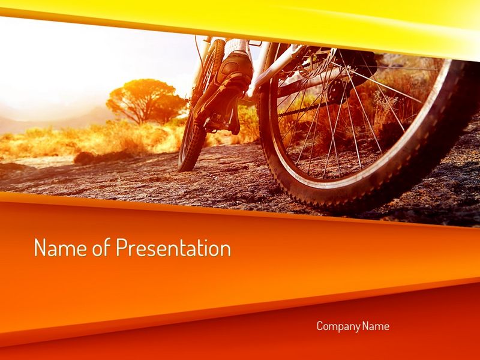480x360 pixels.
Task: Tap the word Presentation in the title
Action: tap(173, 247)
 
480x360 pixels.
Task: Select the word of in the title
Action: tap(101, 247)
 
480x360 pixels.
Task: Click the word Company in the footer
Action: tap(338, 326)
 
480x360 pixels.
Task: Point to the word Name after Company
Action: tap(376, 326)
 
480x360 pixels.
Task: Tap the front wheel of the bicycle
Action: tap(199, 107)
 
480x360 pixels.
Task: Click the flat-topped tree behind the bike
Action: tap(145, 100)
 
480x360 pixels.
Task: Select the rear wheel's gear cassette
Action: tap(339, 89)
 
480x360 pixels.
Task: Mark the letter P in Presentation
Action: tap(121, 247)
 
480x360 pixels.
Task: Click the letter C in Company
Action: tap(320, 326)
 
